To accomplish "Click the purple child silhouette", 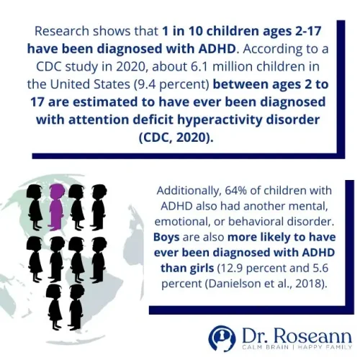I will [56, 204].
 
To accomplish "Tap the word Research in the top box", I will [64, 31].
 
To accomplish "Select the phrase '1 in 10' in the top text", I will [179, 31].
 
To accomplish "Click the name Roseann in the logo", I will [308, 333].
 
